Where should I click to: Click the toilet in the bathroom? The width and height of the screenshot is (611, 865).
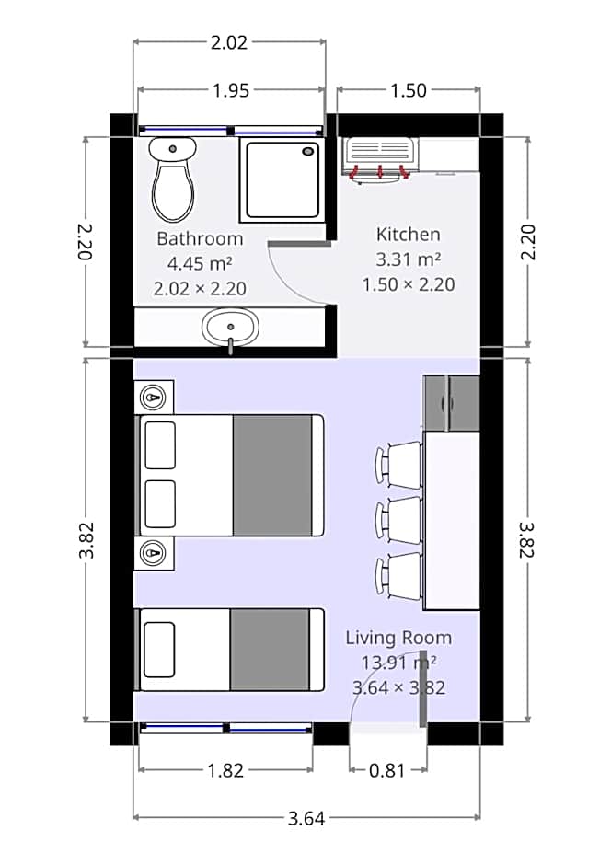(x=172, y=181)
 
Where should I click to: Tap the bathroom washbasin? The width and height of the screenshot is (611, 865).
(x=231, y=327)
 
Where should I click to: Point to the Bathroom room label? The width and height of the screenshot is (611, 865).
(x=200, y=239)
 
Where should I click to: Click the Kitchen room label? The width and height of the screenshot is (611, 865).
(x=409, y=235)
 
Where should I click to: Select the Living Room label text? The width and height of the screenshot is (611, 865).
(x=398, y=638)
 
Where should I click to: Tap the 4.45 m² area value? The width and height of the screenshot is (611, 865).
(x=200, y=264)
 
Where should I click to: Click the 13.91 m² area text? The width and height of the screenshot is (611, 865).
(x=398, y=662)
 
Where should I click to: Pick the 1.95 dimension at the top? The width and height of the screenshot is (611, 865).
(x=230, y=90)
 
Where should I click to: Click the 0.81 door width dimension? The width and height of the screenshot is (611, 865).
(x=387, y=771)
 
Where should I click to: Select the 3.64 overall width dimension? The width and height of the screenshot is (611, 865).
(x=306, y=818)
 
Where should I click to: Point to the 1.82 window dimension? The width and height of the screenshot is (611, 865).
(x=225, y=771)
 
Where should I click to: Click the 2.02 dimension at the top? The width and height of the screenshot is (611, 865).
(x=229, y=42)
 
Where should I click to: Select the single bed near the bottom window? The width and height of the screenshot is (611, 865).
(x=230, y=650)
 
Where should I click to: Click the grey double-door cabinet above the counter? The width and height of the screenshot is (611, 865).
(x=451, y=403)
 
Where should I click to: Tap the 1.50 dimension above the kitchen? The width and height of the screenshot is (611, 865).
(x=409, y=90)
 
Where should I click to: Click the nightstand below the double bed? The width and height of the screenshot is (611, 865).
(x=155, y=553)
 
